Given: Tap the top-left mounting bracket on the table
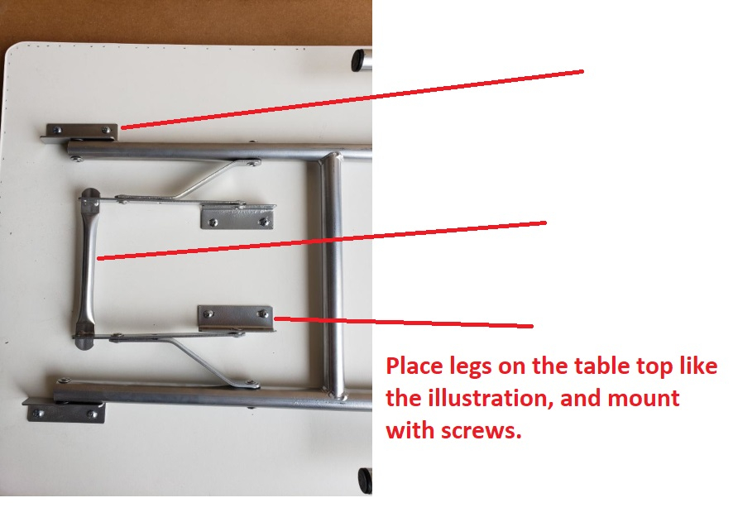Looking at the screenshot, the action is [x=80, y=132].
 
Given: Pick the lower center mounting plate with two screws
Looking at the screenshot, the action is [x=236, y=318].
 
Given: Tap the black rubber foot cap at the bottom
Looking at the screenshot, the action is [x=365, y=480].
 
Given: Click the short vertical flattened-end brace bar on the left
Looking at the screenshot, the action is [x=87, y=268].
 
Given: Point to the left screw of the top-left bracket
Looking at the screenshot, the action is [x=57, y=130].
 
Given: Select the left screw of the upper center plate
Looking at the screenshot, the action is [x=213, y=222].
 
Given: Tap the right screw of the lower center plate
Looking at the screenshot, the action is [x=263, y=314].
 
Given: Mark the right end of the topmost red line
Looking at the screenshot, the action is [x=583, y=71].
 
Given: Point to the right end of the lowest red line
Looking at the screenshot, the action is [x=532, y=326].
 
